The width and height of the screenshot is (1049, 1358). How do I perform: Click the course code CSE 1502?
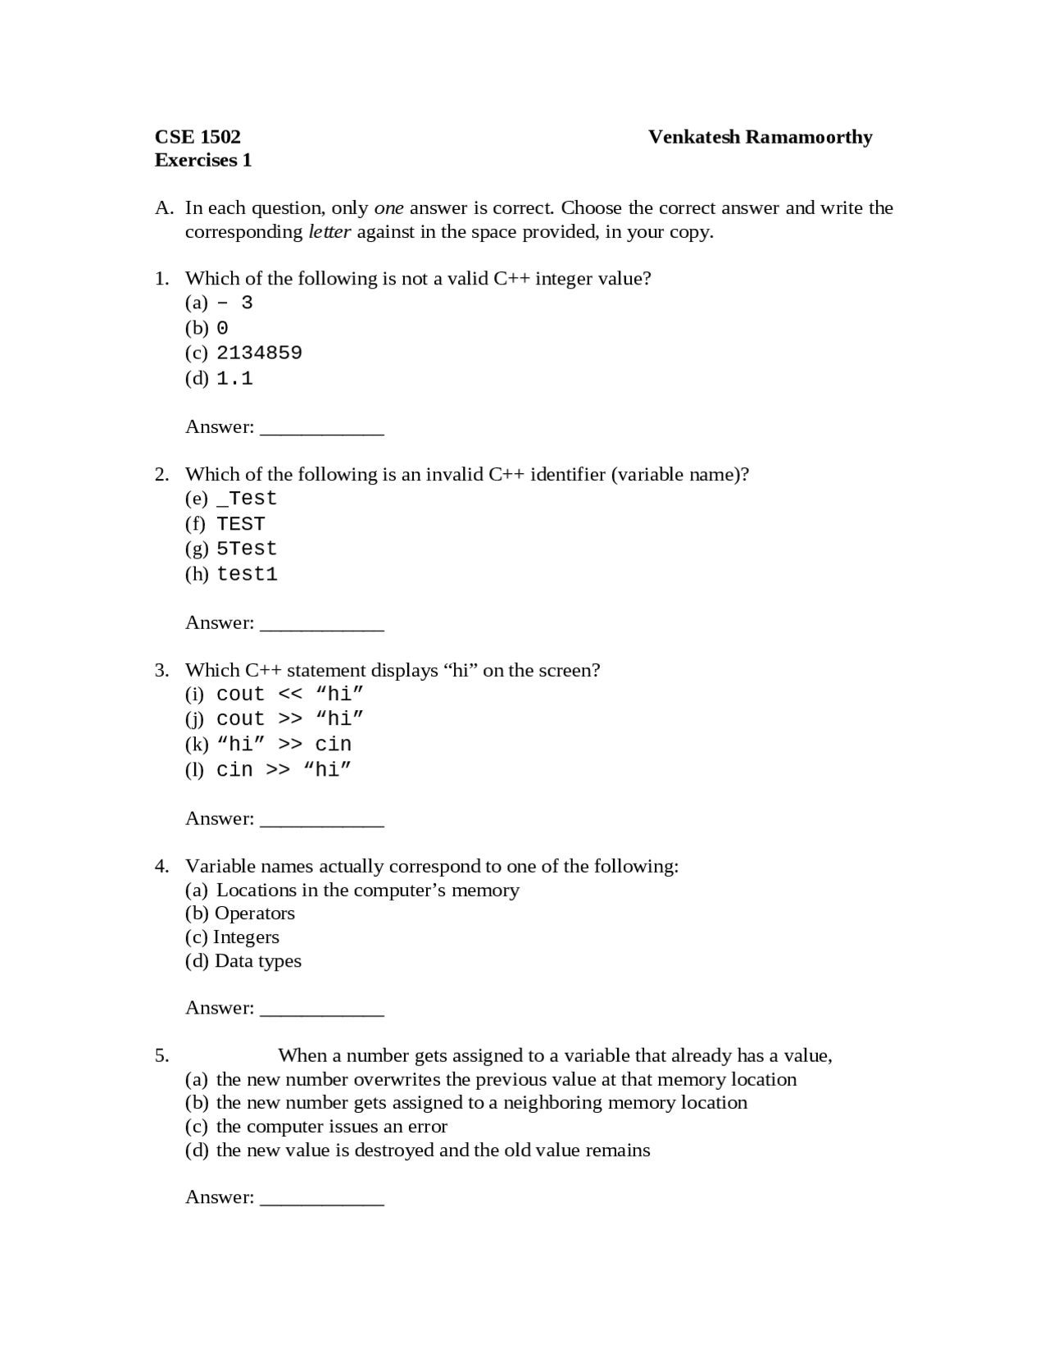click(198, 137)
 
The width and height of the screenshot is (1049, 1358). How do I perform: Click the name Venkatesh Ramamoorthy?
click(760, 137)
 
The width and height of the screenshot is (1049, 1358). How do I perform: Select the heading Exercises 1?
click(202, 160)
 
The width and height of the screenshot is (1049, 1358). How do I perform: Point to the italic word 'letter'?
click(329, 231)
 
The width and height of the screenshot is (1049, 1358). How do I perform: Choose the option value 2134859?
click(259, 353)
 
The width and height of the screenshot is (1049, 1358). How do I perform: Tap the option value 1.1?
click(234, 378)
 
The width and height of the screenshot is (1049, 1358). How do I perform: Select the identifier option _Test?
click(247, 499)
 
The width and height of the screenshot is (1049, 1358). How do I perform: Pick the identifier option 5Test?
click(247, 549)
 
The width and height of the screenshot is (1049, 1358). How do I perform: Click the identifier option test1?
click(247, 574)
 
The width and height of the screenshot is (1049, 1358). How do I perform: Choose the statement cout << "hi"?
click(289, 694)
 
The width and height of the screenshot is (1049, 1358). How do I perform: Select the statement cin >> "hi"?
click(284, 769)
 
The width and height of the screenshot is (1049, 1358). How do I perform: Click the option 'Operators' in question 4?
click(254, 914)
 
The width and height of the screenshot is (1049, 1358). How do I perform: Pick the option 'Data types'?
click(257, 961)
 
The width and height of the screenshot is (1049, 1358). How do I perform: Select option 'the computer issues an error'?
click(331, 1127)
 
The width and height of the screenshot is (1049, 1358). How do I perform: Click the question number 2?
click(161, 474)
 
